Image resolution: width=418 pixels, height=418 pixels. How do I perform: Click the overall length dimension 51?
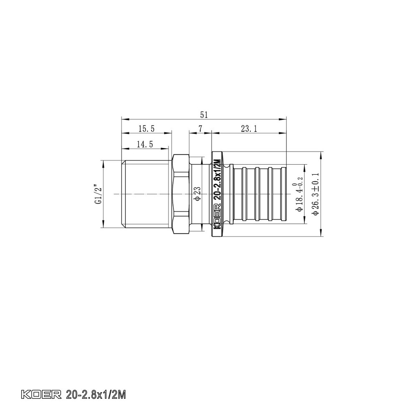click(204, 114)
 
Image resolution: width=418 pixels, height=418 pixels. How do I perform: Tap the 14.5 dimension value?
click(145, 144)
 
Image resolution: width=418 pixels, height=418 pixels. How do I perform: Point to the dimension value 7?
click(201, 129)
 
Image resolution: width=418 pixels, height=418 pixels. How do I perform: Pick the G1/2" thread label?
click(98, 194)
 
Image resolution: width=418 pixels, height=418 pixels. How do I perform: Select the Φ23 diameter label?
click(198, 194)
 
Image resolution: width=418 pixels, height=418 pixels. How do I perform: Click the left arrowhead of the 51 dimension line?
click(122, 118)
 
